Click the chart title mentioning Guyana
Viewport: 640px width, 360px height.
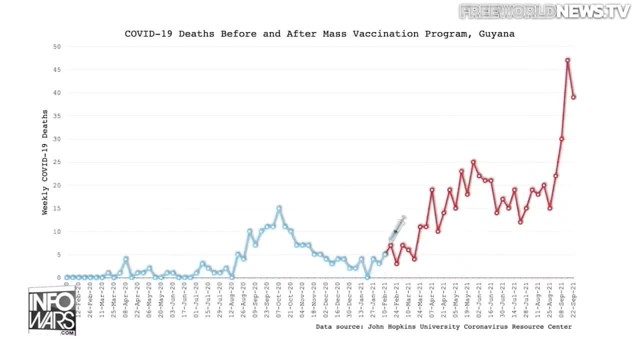coord(319,34)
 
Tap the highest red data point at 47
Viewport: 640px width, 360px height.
coord(567,60)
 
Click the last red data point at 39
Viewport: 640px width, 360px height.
coord(573,97)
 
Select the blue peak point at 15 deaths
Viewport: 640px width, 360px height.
coord(279,208)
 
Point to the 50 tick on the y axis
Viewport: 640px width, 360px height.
coord(57,46)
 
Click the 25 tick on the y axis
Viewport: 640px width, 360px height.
coord(57,162)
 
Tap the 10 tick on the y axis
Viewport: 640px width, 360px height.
coord(57,231)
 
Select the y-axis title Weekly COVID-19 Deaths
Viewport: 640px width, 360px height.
coord(45,162)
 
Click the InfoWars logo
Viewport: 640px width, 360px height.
coord(52,310)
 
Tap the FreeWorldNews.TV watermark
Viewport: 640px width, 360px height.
coord(544,11)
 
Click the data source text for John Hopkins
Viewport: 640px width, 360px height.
coord(443,326)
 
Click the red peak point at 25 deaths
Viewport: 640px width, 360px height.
coord(473,162)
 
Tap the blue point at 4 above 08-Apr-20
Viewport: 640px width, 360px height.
coord(126,258)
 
